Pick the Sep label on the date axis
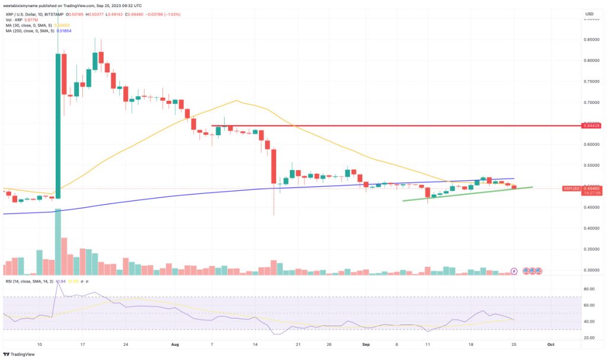(366, 343)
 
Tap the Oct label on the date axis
(550, 343)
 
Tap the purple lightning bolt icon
(514, 271)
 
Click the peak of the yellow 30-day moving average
(237, 100)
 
